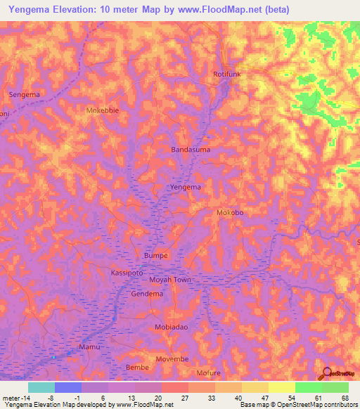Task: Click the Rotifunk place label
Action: (x=227, y=74)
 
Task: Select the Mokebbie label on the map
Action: (x=103, y=110)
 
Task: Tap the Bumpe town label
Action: (x=155, y=255)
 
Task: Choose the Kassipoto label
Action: (x=127, y=271)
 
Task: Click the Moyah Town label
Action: (x=170, y=280)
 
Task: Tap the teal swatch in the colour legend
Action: (x=41, y=387)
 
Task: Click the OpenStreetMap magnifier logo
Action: (x=326, y=373)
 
